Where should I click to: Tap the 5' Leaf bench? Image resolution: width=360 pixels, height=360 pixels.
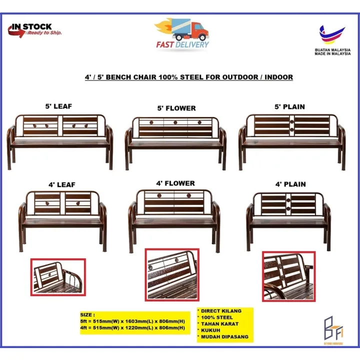(60, 137)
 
